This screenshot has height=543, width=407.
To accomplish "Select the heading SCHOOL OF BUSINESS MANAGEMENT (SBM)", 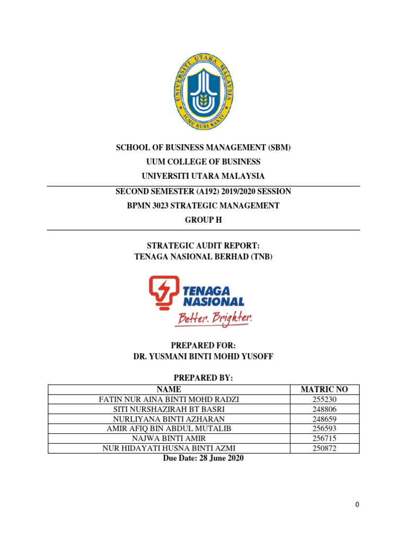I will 203,147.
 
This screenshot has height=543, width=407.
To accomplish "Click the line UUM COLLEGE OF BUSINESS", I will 203,162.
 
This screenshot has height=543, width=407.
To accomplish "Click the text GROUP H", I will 203,220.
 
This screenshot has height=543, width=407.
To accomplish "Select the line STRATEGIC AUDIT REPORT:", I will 203,246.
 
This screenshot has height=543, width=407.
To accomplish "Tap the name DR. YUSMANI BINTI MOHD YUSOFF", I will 203,357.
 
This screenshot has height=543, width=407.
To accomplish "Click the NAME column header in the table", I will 169,389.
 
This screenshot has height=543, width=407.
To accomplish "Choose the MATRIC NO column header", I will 324,389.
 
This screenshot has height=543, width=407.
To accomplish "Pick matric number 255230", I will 324,399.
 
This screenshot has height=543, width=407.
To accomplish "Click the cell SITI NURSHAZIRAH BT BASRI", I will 169,409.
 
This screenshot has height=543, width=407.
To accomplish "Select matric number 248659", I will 324,419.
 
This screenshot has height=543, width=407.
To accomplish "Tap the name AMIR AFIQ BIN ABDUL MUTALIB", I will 169,429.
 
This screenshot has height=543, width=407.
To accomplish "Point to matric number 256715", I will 324,439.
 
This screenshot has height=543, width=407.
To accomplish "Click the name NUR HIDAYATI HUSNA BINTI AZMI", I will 169,449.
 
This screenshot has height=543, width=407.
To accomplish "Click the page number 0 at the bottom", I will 357,505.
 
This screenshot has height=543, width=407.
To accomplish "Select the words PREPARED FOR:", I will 203,346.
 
